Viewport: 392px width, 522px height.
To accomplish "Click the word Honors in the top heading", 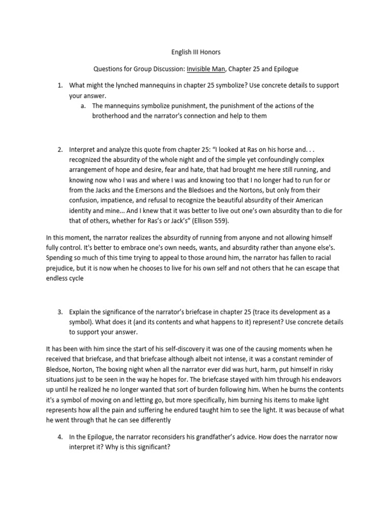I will point(210,51).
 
